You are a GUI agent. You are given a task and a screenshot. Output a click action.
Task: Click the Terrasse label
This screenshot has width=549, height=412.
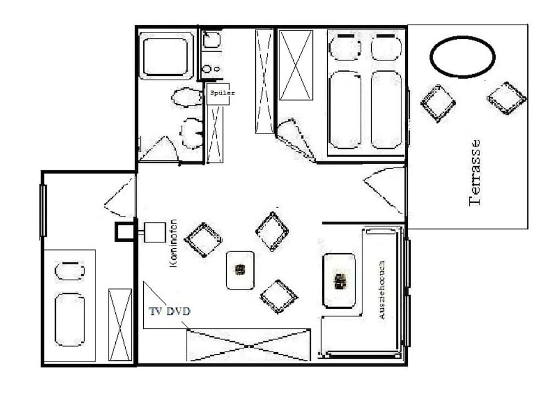point(475,172)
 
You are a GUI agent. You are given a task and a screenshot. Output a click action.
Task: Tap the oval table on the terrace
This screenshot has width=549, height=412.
point(462,57)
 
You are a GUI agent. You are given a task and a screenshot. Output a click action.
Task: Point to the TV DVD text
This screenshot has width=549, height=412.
point(170,311)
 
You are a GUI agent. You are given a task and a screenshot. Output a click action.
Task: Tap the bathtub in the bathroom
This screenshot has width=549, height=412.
point(167,55)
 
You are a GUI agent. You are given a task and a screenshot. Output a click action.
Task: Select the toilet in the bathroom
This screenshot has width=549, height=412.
point(192,132)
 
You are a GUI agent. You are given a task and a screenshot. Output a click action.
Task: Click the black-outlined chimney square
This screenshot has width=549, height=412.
point(125,232)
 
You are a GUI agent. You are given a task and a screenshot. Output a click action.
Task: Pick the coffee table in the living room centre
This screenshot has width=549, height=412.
point(240,270)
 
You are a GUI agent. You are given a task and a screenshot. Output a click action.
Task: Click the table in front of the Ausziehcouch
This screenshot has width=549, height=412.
point(339,280)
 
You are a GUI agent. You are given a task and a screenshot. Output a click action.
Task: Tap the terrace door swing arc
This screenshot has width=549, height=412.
point(386,190)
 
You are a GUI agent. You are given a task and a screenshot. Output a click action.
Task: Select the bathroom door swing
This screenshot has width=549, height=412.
point(159,149)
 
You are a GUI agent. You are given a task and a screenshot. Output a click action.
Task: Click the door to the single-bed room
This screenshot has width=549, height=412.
point(120,198)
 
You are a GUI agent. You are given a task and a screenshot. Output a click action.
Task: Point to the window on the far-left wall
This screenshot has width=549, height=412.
point(43,210)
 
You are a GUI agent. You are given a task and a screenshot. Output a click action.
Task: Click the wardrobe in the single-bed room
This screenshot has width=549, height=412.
point(120,325)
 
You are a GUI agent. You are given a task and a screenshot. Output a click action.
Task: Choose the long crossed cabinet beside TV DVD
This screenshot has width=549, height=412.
point(249,345)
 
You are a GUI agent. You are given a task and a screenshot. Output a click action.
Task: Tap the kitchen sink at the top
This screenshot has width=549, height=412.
point(211,40)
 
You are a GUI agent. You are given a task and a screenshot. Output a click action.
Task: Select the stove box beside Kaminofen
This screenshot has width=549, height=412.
point(154,231)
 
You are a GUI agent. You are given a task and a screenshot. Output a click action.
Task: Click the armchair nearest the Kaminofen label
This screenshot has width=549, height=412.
point(203,240)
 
